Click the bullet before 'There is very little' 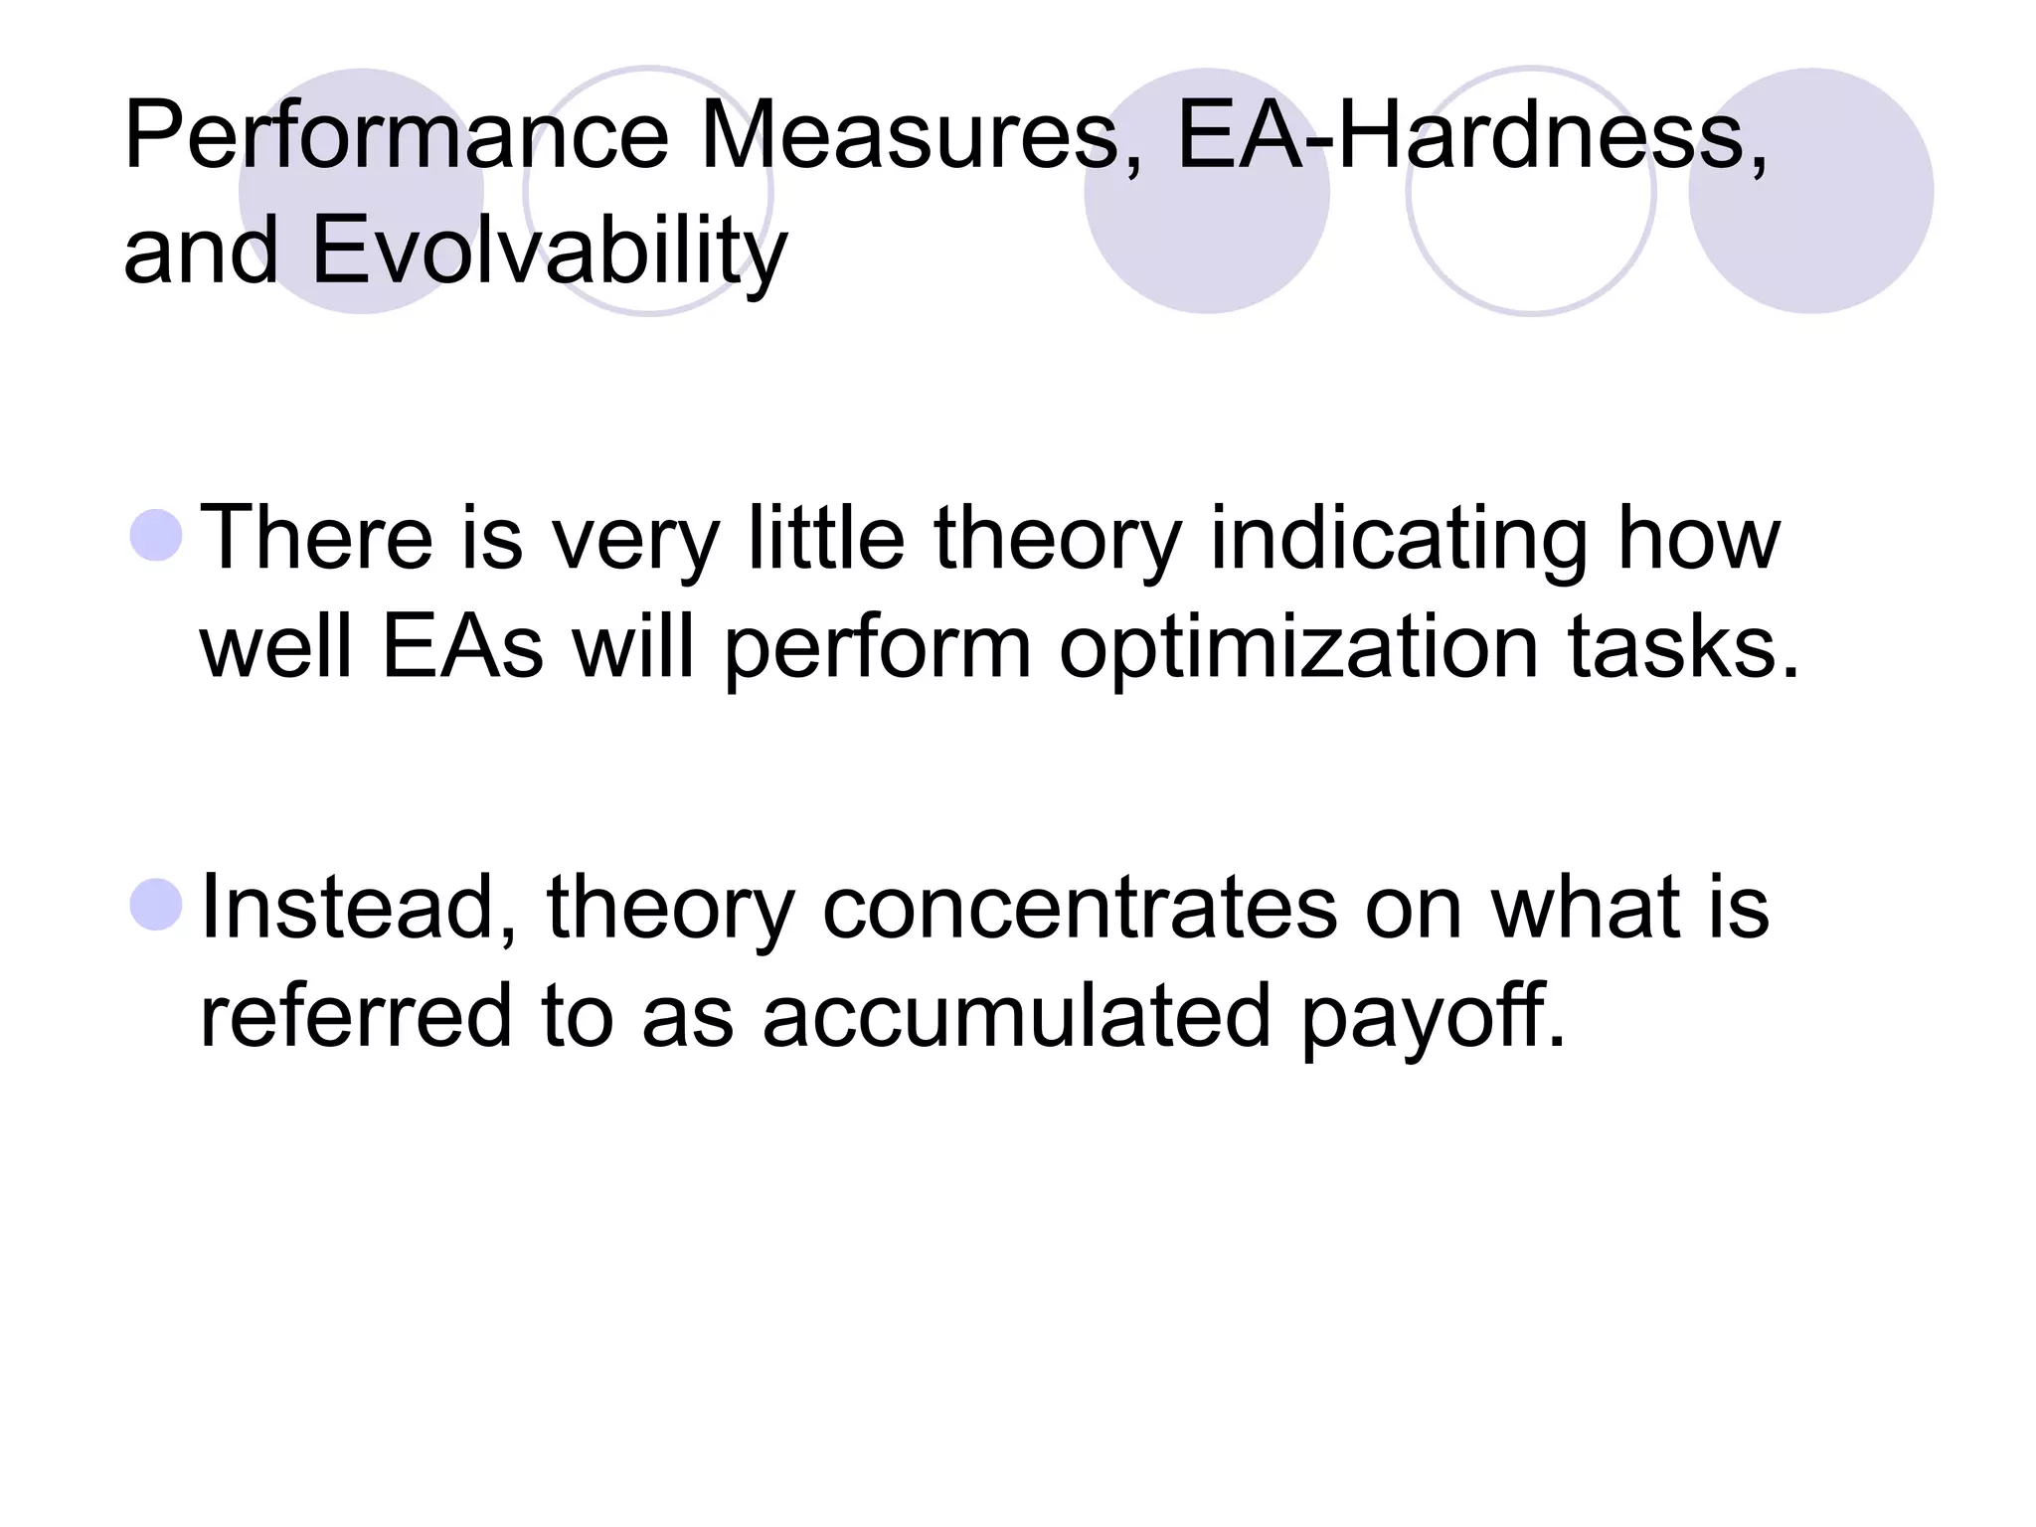click(157, 535)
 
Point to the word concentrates click(1080, 909)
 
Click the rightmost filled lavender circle click(1811, 191)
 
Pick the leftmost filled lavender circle click(362, 191)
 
